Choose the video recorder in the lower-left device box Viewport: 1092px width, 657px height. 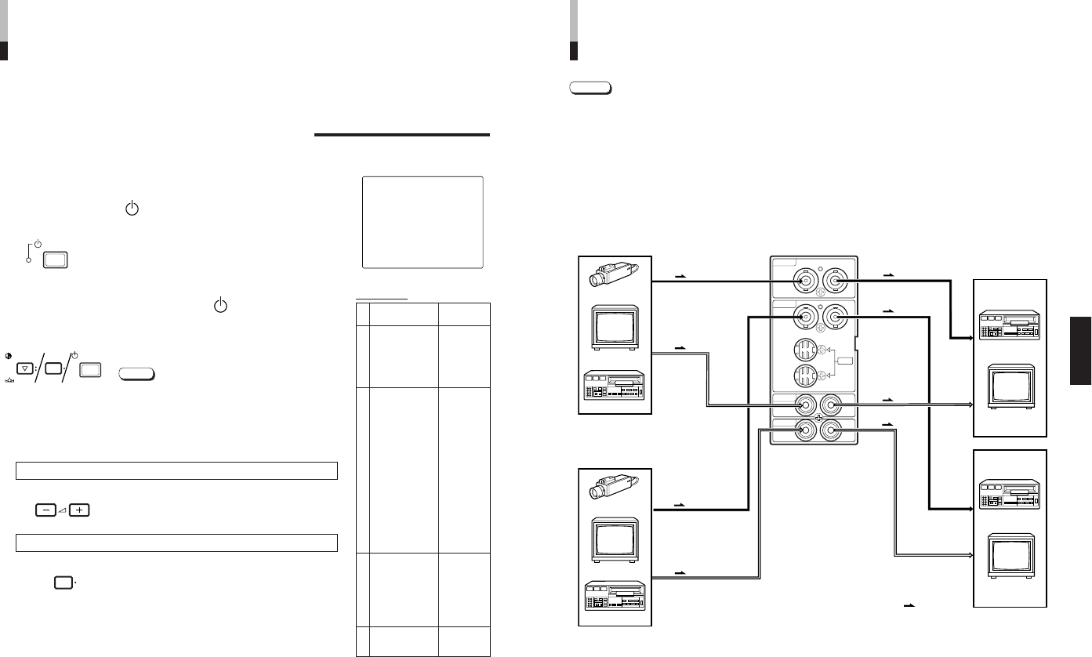coord(614,600)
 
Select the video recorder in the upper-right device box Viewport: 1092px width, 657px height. coord(1010,325)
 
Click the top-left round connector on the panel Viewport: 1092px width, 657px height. coord(804,280)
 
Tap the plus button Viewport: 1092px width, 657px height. coord(79,510)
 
